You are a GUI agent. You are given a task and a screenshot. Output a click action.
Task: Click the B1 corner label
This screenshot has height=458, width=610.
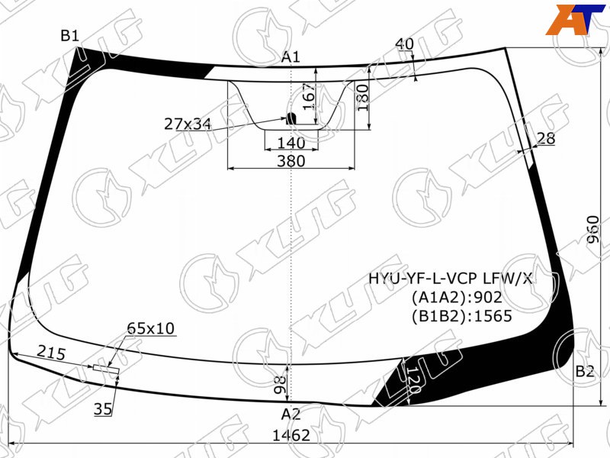pyautogui.click(x=70, y=36)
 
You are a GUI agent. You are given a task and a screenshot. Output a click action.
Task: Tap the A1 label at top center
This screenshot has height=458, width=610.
pyautogui.click(x=291, y=57)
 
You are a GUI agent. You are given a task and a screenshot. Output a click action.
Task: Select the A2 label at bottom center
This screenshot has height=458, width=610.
pyautogui.click(x=291, y=414)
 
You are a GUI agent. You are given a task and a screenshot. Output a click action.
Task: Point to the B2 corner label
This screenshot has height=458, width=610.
pyautogui.click(x=585, y=372)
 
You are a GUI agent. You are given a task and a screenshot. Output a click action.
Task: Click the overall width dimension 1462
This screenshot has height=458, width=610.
pyautogui.click(x=291, y=435)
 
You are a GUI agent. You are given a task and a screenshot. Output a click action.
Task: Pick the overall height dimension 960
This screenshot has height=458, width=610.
pyautogui.click(x=593, y=230)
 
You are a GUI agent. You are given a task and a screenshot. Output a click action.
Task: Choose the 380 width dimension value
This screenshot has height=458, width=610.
pyautogui.click(x=291, y=161)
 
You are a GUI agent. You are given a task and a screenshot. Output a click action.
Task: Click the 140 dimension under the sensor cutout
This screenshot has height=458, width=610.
pyautogui.click(x=291, y=143)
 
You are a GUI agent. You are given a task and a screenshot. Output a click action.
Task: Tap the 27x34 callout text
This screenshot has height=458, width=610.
pyautogui.click(x=188, y=124)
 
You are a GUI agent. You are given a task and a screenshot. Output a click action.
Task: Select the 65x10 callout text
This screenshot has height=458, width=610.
pyautogui.click(x=151, y=328)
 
